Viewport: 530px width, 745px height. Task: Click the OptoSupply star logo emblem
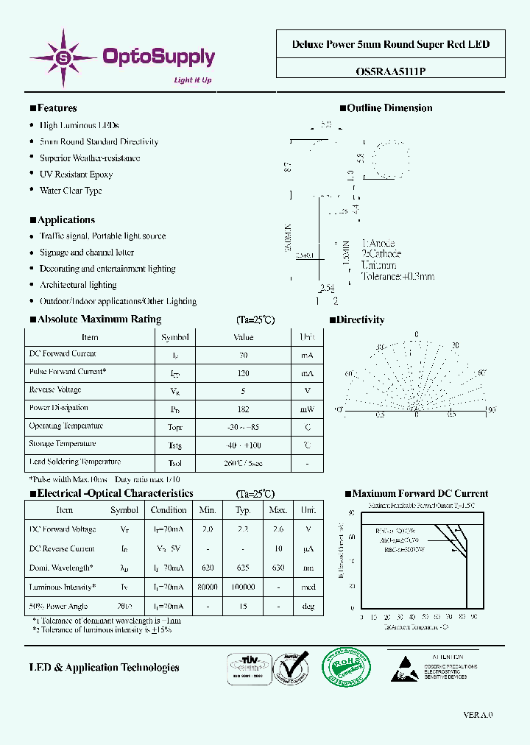[63, 57]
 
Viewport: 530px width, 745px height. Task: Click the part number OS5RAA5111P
[390, 71]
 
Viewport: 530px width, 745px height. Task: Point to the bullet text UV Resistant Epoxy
[76, 174]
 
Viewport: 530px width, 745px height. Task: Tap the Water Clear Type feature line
[71, 191]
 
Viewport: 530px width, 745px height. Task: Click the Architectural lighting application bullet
[78, 285]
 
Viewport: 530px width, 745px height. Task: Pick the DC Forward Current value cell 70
[244, 355]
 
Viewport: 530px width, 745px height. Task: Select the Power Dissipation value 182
[244, 409]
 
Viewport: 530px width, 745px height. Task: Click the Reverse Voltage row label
[55, 390]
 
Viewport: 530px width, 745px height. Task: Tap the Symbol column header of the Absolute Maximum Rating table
[175, 337]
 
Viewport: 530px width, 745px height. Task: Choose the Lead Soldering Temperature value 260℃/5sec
[244, 463]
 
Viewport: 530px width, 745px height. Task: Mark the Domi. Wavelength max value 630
[278, 568]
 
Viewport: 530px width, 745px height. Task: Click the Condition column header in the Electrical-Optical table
[169, 510]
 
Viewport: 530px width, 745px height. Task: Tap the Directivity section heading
[360, 320]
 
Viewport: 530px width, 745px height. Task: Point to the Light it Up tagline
[192, 80]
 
